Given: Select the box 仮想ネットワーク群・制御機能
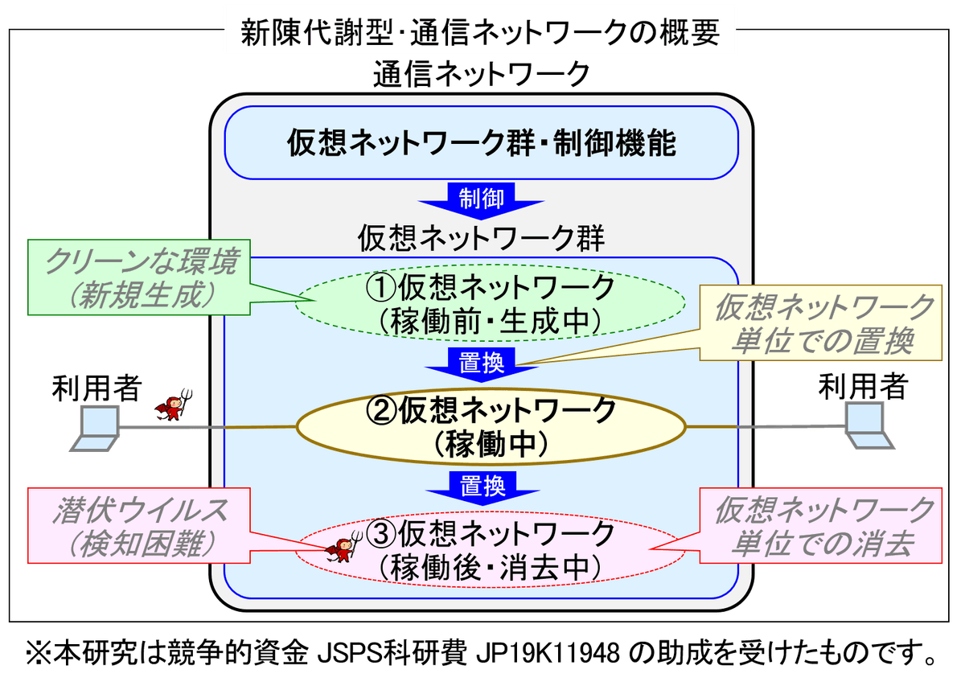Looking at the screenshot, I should (x=481, y=142).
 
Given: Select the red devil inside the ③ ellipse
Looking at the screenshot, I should (x=342, y=549).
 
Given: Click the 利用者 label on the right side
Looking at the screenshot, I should (x=861, y=388).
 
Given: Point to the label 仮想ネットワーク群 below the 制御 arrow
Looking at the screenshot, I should (x=481, y=239).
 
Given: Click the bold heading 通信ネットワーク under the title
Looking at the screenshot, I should (x=481, y=76).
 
